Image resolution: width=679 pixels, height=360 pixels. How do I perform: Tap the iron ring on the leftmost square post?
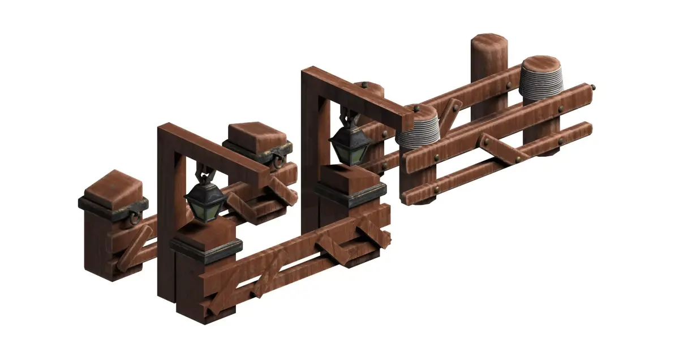point(135,217)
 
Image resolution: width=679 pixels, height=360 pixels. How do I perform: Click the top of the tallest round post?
point(490,41)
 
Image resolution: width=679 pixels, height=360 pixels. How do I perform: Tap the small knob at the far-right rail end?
point(592,87)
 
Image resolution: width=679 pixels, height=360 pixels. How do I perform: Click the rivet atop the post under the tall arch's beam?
point(364,85)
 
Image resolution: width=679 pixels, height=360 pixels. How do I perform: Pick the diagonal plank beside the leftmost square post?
point(131,246)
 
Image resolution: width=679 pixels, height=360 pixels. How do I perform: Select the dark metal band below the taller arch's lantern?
point(350,195)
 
